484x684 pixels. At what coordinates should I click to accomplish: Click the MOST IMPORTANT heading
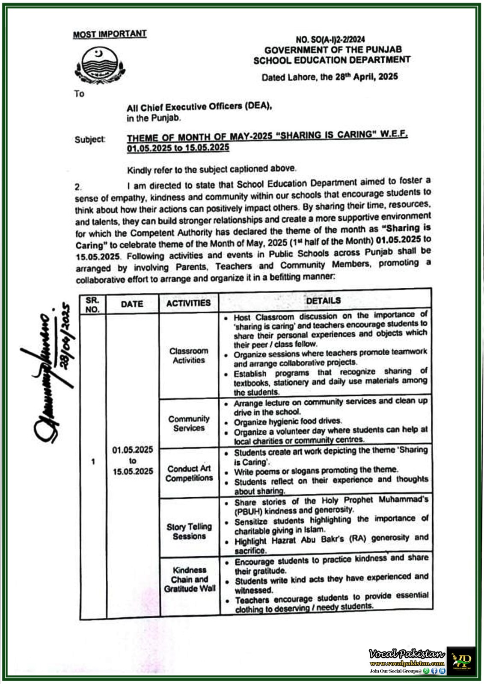pyautogui.click(x=110, y=34)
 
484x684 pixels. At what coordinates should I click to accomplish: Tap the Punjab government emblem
pyautogui.click(x=99, y=65)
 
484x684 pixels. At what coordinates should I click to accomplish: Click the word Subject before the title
pyautogui.click(x=90, y=139)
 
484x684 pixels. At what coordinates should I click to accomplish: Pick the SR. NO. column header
pyautogui.click(x=92, y=304)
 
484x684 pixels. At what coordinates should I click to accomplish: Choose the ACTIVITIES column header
pyautogui.click(x=188, y=303)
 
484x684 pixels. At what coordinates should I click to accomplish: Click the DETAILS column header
pyautogui.click(x=324, y=301)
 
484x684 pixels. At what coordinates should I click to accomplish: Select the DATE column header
pyautogui.click(x=132, y=304)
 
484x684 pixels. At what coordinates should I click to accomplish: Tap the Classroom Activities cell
pyautogui.click(x=189, y=356)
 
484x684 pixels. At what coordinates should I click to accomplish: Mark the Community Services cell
pyautogui.click(x=189, y=423)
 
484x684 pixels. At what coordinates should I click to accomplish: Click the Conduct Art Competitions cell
pyautogui.click(x=189, y=473)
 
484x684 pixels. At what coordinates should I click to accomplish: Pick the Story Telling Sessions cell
pyautogui.click(x=189, y=531)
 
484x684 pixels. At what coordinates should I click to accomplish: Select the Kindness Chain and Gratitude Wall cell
pyautogui.click(x=190, y=579)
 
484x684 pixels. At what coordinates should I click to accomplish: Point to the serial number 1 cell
pyautogui.click(x=93, y=462)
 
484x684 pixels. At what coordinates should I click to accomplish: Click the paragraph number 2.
pyautogui.click(x=78, y=187)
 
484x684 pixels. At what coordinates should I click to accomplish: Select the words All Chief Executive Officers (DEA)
pyautogui.click(x=199, y=107)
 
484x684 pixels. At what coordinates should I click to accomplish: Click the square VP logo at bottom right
pyautogui.click(x=461, y=660)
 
